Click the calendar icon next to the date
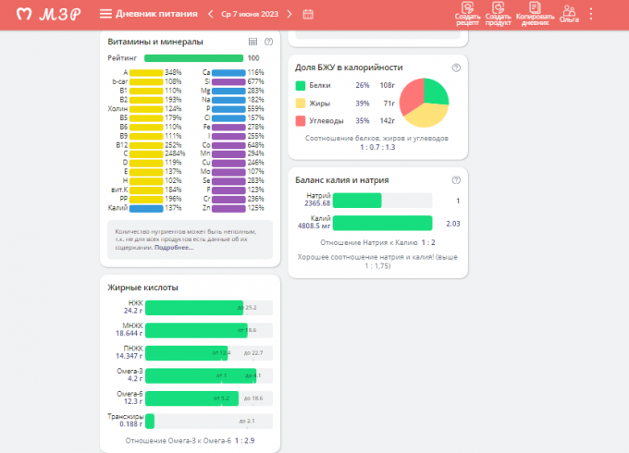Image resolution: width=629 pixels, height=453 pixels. [x=308, y=14]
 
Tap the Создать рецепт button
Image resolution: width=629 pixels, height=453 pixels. [x=468, y=15]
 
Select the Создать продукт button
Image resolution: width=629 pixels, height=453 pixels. [x=499, y=15]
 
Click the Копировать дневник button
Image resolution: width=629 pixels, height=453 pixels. [x=534, y=15]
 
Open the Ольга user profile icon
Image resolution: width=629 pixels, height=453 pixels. [x=569, y=14]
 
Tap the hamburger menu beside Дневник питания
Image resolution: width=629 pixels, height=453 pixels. [x=105, y=14]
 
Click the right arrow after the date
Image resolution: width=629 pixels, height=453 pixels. [x=290, y=14]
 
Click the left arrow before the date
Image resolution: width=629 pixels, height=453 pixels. [x=211, y=14]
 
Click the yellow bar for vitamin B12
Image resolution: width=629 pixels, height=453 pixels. [x=146, y=145]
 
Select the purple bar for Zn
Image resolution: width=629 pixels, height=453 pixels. [x=228, y=208]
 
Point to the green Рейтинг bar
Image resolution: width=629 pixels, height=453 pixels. [x=193, y=58]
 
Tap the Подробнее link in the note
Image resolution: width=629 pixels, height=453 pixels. [x=174, y=248]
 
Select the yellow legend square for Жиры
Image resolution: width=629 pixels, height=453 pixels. [x=301, y=104]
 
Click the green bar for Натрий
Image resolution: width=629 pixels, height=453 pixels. [x=356, y=200]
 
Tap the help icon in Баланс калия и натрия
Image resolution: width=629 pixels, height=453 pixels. [x=456, y=179]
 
